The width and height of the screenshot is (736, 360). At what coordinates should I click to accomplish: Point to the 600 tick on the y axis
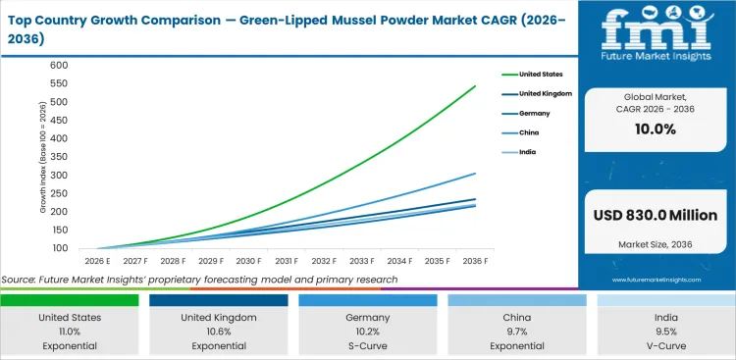coord(60,65)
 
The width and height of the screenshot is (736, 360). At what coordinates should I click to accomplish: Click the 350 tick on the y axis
coord(60,157)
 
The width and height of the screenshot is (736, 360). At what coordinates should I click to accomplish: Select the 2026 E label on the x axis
coord(95,261)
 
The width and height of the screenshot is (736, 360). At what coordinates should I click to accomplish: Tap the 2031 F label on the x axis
coord(286,261)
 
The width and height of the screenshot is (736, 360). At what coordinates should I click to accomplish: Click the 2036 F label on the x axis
coord(476,261)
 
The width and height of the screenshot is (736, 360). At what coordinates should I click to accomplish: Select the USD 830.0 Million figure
coord(656,216)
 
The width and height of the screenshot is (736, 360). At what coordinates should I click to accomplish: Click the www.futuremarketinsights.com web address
coord(655,280)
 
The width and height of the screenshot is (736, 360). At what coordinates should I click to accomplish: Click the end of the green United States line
coord(476,86)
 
